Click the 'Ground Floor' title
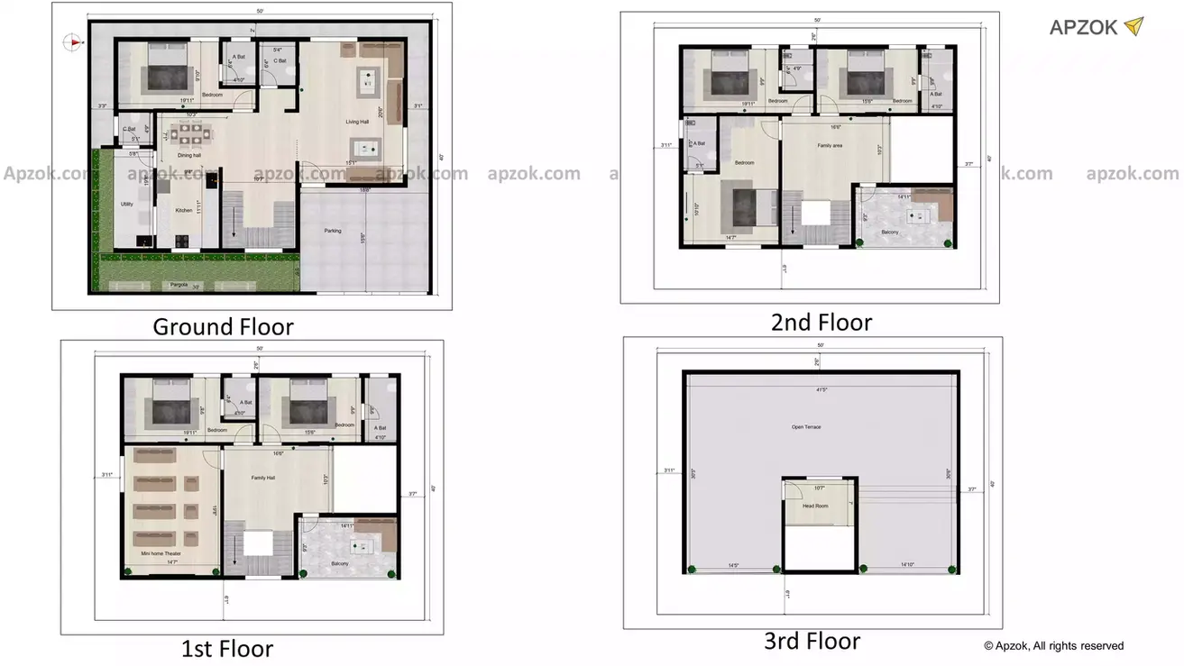[223, 326]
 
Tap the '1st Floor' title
[226, 648]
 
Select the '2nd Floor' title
[821, 322]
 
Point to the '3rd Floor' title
[812, 641]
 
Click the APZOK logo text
[1083, 27]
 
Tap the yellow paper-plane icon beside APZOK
[1134, 26]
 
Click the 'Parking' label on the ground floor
[333, 231]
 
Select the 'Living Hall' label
[357, 122]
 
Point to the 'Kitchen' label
[184, 210]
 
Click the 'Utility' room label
[127, 204]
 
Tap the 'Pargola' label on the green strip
[180, 285]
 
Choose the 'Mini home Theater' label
[158, 553]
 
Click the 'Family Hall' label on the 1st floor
[263, 478]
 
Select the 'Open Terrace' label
[806, 427]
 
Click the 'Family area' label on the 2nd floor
[830, 145]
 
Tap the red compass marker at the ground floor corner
[71, 41]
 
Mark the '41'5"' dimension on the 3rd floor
[820, 389]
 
